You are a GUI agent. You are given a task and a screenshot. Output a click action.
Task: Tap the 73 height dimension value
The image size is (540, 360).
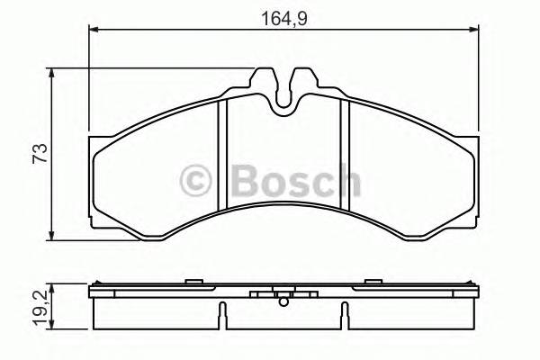tap(37, 154)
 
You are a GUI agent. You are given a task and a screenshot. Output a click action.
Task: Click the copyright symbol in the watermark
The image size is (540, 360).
tap(195, 180)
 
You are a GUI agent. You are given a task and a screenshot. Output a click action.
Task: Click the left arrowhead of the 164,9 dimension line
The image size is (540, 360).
tap(95, 31)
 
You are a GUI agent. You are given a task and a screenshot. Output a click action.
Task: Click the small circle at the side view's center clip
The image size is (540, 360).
tap(283, 296)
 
